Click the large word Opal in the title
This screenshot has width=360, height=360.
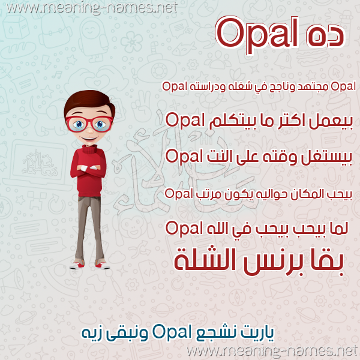point(256,34)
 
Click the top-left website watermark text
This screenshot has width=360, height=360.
point(92,8)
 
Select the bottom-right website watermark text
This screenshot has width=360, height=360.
point(272,351)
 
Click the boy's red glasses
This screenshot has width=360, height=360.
point(89,124)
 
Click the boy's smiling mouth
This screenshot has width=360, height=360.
point(89,139)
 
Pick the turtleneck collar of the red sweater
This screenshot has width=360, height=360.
point(89,149)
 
